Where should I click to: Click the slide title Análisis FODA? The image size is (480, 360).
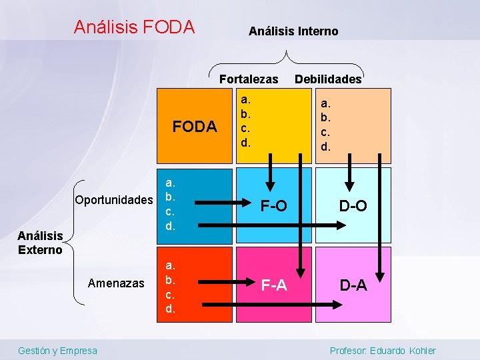[134, 27]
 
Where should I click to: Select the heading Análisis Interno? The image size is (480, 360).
[293, 31]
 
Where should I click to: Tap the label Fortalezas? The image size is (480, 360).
[249, 79]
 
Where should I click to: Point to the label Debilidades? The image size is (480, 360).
[328, 79]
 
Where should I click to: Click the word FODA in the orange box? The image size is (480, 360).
[195, 127]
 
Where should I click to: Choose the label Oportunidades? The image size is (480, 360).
[114, 200]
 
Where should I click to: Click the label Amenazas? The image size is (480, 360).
[116, 283]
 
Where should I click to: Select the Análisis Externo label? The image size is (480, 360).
[40, 243]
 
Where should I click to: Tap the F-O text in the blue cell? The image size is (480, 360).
[273, 206]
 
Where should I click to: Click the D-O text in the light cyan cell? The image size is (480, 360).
[353, 206]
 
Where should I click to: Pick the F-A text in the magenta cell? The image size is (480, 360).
[273, 286]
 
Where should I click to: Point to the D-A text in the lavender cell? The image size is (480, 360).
[353, 286]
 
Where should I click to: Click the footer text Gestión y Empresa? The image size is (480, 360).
[57, 351]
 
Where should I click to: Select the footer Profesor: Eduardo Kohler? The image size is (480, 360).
[383, 351]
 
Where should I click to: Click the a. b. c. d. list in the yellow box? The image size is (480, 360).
[246, 121]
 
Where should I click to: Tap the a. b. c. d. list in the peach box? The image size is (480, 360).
[325, 125]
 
